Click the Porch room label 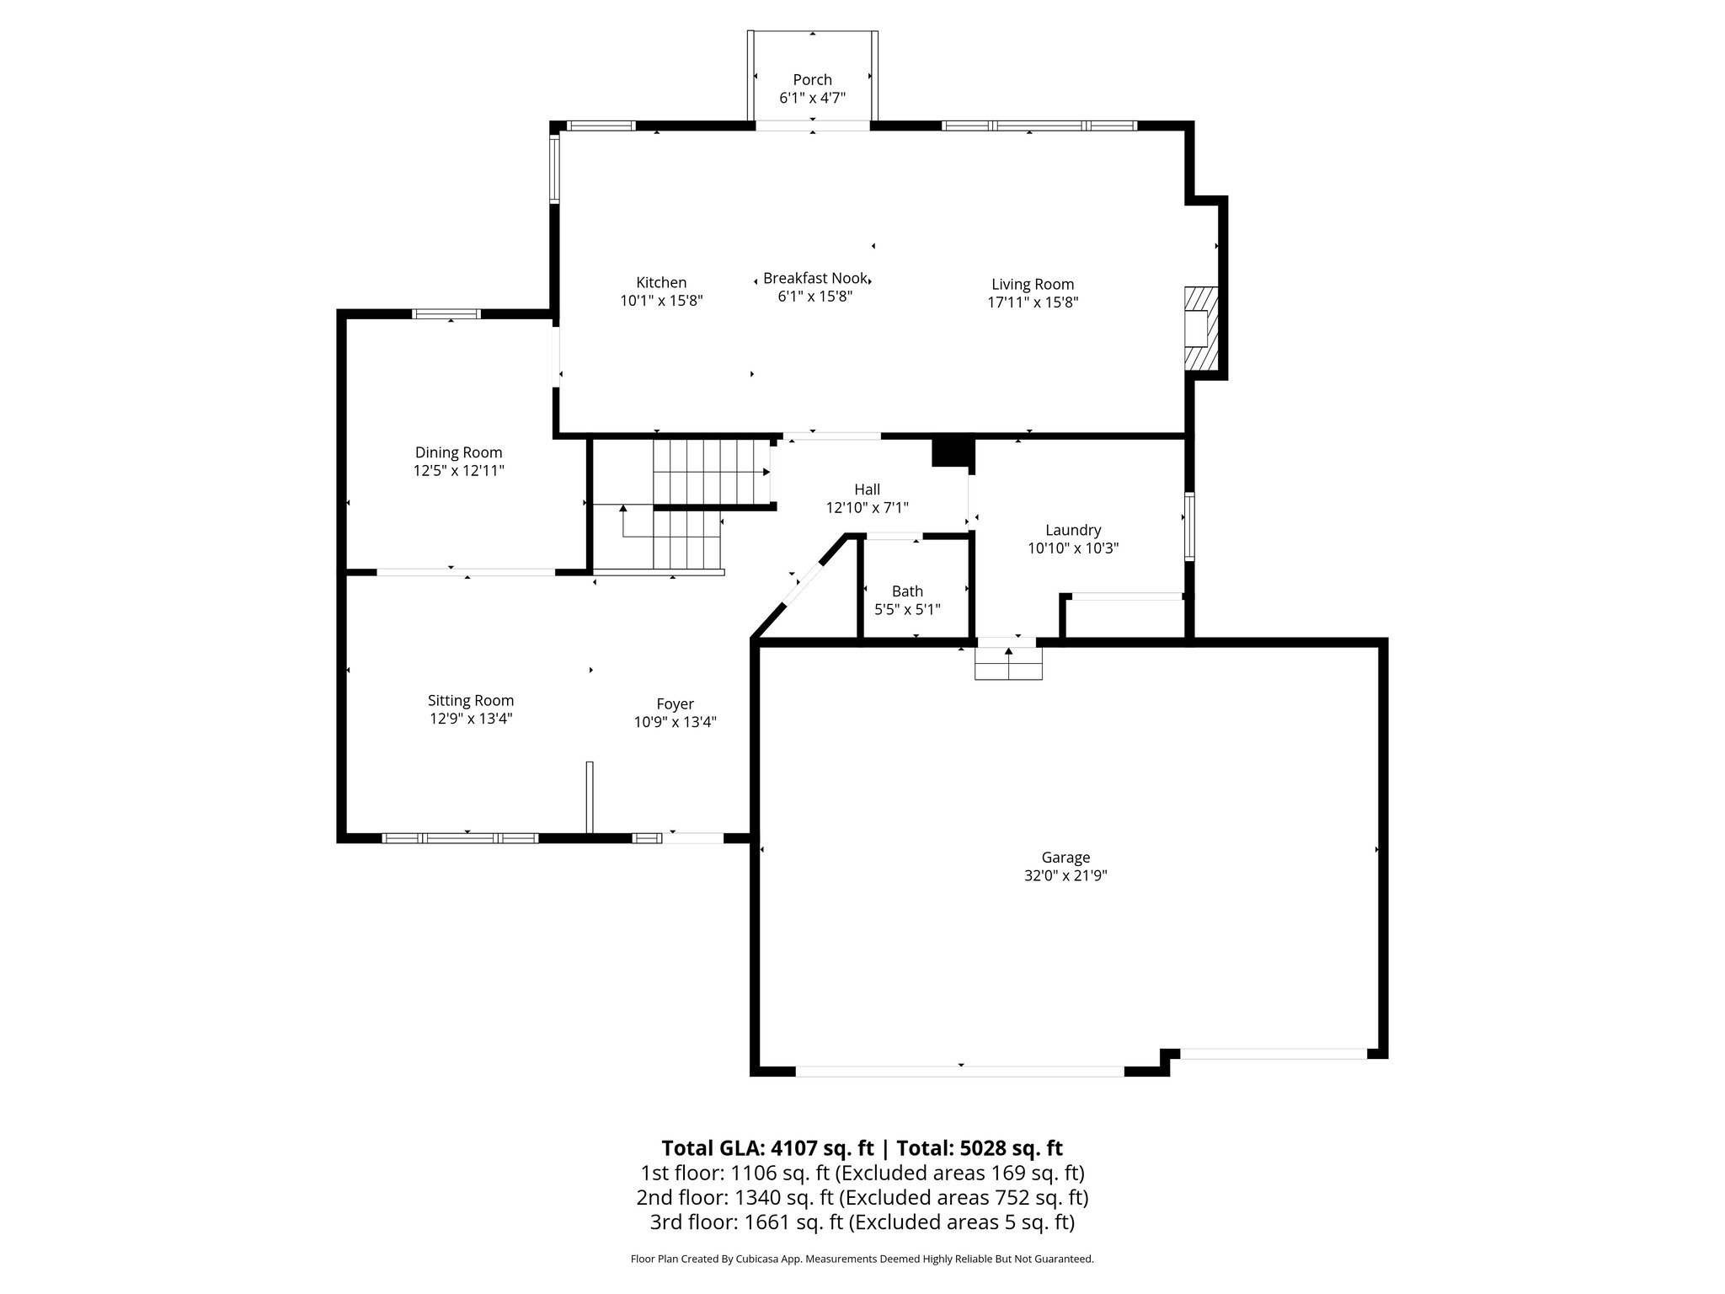point(812,80)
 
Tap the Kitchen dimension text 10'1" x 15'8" point(661,301)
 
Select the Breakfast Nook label point(814,278)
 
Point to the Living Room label point(1032,285)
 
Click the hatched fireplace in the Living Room point(1200,329)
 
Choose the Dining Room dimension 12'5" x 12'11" point(458,471)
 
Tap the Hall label point(867,489)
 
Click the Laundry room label point(1072,530)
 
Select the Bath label point(907,591)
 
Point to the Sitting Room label point(470,700)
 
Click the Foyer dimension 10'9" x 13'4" point(675,722)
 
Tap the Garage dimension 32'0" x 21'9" point(1065,875)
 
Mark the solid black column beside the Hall point(952,450)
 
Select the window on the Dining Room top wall point(446,314)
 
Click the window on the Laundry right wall point(1189,527)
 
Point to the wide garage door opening point(960,1071)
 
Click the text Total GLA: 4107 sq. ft point(767,1148)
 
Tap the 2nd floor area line point(862,1197)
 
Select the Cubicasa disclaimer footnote point(862,1259)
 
